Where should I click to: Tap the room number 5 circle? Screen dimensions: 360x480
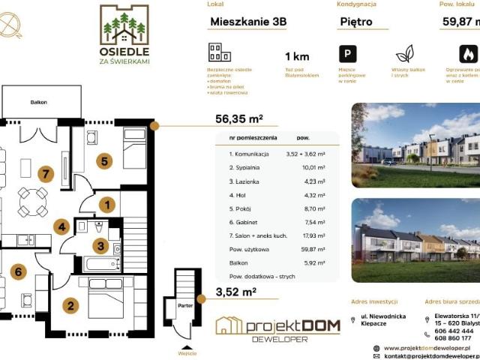(x=105, y=160)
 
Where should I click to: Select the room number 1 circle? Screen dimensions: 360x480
(x=107, y=203)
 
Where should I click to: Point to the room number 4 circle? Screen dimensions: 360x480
(x=63, y=226)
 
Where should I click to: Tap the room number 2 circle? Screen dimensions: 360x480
(x=70, y=305)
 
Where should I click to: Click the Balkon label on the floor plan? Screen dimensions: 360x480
(x=39, y=101)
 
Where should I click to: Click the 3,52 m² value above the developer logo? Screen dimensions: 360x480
(x=236, y=292)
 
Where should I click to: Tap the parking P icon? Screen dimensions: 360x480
(x=347, y=54)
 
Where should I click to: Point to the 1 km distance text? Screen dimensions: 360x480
(x=297, y=57)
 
